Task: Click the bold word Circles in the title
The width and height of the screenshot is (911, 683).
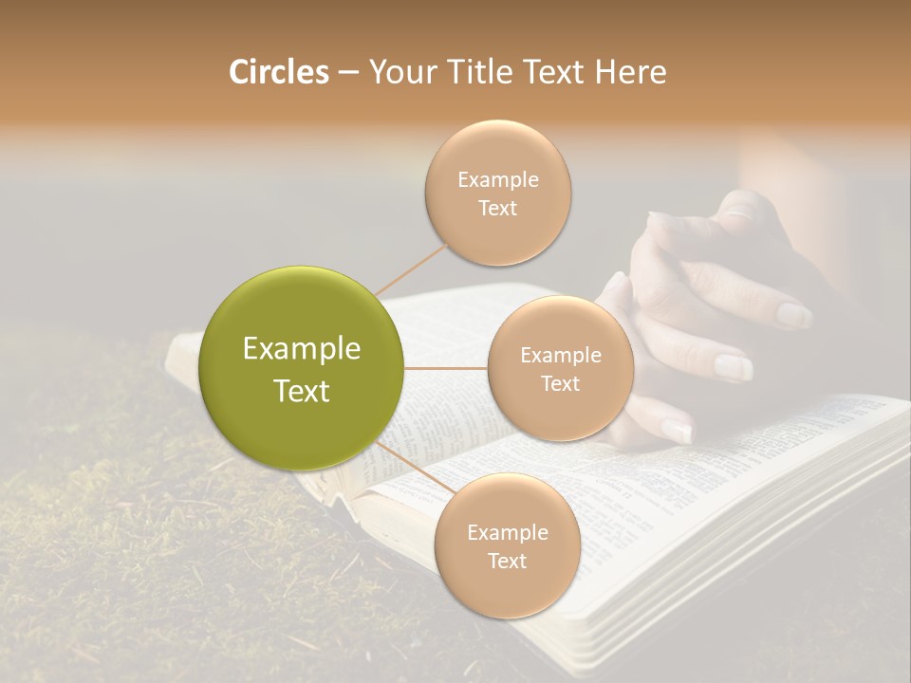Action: coord(279,72)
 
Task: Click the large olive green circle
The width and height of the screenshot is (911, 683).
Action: coord(302,368)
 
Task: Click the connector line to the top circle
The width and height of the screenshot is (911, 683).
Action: coord(410,268)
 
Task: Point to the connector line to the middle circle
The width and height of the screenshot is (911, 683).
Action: coord(446,368)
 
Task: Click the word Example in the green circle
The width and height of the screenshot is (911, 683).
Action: coord(302,349)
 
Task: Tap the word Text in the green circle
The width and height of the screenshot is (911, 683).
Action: coord(302,391)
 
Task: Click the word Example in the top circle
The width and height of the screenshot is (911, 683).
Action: coord(498,179)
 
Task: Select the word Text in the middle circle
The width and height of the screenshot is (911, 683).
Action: coord(560,383)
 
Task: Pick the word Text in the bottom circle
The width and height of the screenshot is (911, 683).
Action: coord(507,561)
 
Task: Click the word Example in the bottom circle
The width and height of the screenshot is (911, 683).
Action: coord(507,532)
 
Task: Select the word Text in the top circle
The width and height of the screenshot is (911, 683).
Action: coord(498,208)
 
